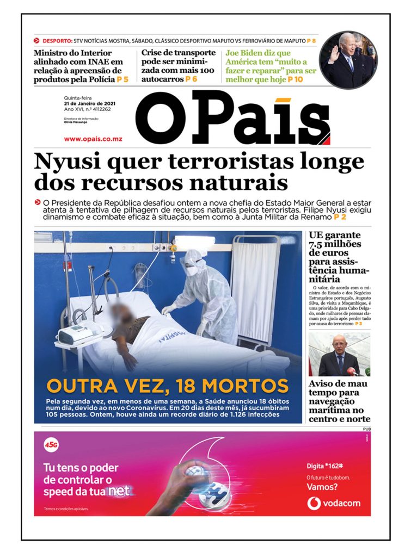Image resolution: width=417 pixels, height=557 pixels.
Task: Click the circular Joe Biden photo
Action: pos(347,60)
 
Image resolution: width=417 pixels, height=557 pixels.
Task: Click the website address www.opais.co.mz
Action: pos(93,139)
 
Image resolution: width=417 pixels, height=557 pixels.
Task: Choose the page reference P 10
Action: pos(296,79)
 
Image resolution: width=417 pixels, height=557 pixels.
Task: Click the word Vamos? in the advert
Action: pos(322,487)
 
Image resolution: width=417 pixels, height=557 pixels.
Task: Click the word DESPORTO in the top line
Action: pos(58,41)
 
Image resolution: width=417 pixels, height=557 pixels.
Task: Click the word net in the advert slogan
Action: pos(119,491)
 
